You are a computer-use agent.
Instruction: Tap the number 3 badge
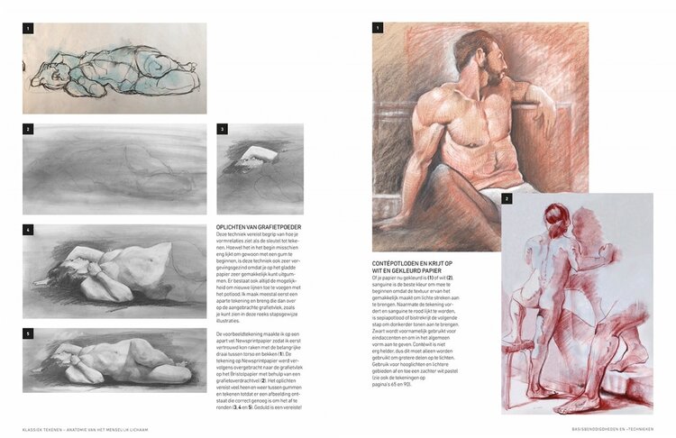click(x=223, y=129)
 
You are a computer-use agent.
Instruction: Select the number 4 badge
click(x=28, y=230)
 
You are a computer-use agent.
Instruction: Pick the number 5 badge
click(x=28, y=333)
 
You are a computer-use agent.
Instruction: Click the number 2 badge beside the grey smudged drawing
click(x=28, y=129)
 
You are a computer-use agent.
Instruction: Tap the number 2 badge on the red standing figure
click(x=507, y=198)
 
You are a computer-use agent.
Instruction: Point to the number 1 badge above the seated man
click(x=378, y=28)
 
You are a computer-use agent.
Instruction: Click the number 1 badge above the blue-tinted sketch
click(x=28, y=28)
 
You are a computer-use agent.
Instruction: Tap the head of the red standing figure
click(x=557, y=217)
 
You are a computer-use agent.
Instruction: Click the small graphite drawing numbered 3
click(x=260, y=169)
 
